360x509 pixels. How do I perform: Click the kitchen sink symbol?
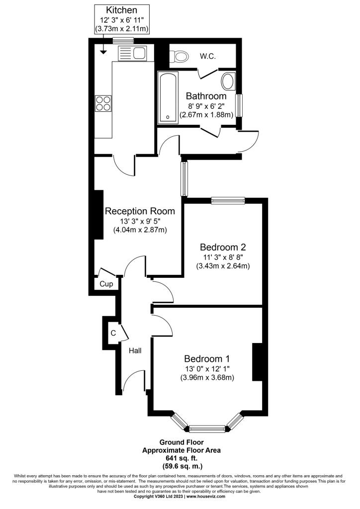[x=133, y=53]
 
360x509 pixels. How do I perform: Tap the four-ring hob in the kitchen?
[x=103, y=103]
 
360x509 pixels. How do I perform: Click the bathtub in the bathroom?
[x=168, y=97]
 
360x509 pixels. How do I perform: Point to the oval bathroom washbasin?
[x=229, y=82]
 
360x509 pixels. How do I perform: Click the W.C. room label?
[x=208, y=56]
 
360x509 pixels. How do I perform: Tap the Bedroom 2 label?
[x=223, y=247]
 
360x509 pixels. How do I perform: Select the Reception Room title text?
[x=140, y=211]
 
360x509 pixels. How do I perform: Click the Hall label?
[x=135, y=350]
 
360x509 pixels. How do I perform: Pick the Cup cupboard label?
[x=106, y=284]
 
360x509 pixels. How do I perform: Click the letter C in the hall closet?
[x=113, y=333]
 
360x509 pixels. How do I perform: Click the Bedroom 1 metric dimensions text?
[x=207, y=378]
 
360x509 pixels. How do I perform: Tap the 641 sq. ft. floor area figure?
[x=181, y=458]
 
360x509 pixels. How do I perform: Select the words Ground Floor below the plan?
[x=181, y=442]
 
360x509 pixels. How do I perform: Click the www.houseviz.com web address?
[x=206, y=497]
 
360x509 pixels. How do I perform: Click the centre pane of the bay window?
[x=207, y=429]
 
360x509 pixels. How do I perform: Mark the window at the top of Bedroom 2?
[x=228, y=201]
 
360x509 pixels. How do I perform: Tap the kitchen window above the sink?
[x=123, y=41]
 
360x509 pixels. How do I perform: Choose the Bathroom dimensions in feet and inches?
[x=206, y=106]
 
